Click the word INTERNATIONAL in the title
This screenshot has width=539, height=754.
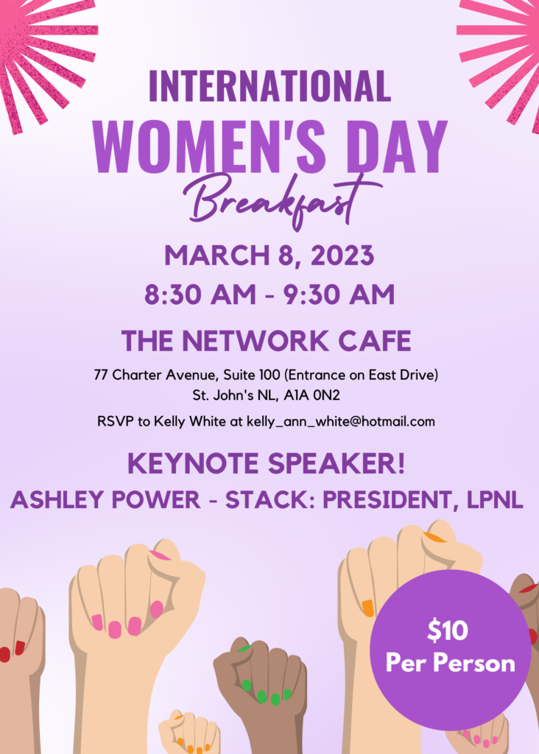click(269, 86)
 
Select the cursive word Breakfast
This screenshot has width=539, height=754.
click(282, 201)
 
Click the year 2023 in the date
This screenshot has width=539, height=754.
click(342, 256)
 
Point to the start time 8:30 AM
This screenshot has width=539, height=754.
click(200, 295)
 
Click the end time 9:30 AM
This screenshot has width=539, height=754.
click(339, 295)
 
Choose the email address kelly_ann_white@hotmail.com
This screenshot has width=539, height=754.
click(341, 422)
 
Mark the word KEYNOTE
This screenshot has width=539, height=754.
click(194, 463)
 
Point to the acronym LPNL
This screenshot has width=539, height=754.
click(495, 500)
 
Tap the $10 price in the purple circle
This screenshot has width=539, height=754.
click(448, 630)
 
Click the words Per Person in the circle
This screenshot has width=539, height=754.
click(451, 663)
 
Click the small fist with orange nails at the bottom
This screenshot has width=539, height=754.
click(189, 732)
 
